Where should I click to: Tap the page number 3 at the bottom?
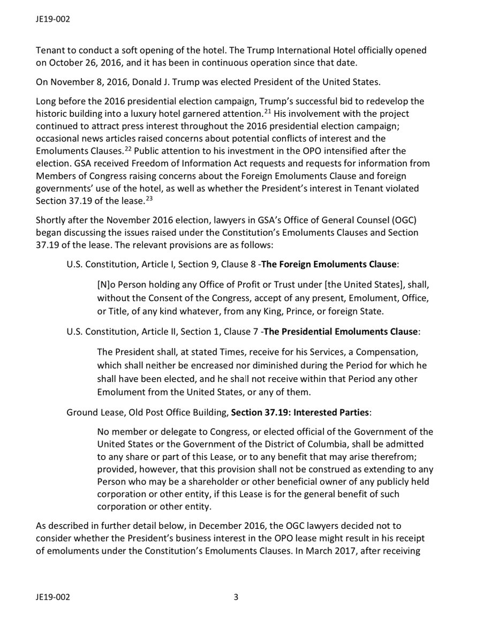pos(236,609)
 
